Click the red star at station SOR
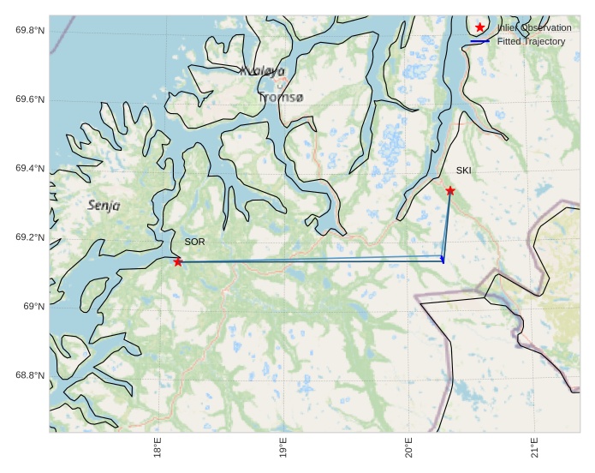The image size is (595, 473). click(178, 261)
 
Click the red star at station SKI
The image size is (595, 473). click(450, 190)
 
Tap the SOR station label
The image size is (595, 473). click(194, 242)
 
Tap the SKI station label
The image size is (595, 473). click(463, 171)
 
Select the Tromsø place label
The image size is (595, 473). click(280, 98)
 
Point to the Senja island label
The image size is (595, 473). click(104, 206)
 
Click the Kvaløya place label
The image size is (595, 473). click(262, 72)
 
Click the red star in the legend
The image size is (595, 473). click(480, 27)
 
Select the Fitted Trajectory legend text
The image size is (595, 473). click(531, 41)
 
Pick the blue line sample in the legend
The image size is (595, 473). click(480, 41)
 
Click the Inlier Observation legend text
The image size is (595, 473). click(533, 27)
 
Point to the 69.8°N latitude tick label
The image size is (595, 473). click(30, 31)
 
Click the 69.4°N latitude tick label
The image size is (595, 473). click(30, 169)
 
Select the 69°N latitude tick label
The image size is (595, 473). click(34, 307)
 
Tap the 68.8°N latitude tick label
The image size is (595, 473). click(30, 375)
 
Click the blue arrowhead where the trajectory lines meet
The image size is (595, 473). click(443, 259)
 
